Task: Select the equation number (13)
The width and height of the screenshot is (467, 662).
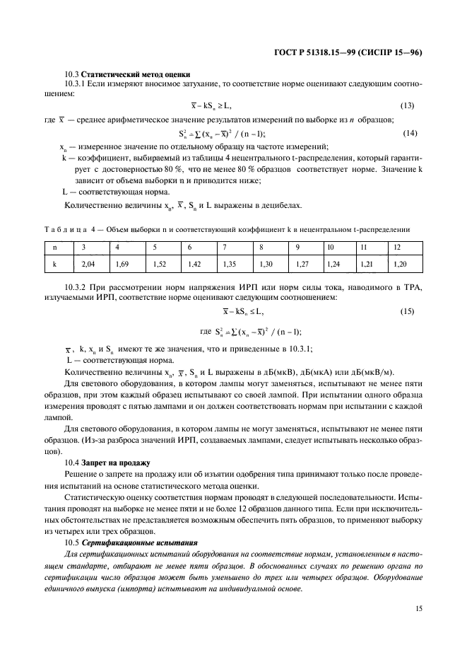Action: (408, 106)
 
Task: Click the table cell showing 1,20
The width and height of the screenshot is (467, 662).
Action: (400, 264)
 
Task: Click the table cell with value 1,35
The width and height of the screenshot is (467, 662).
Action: (229, 264)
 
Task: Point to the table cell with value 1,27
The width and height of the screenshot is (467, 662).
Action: (300, 264)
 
